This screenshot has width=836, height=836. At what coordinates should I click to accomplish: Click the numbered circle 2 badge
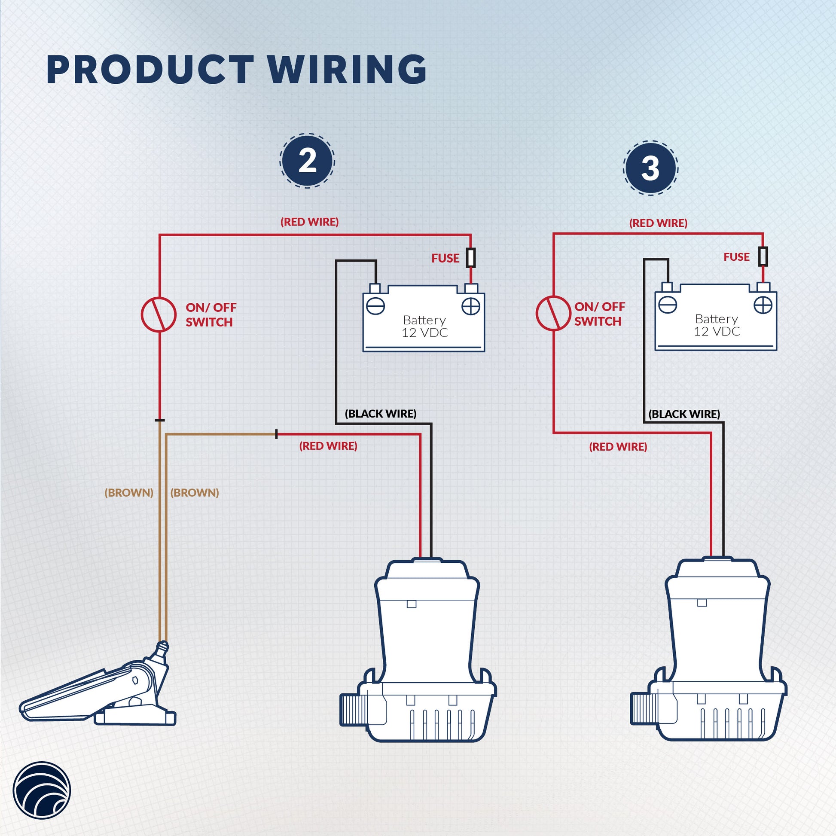coord(307,161)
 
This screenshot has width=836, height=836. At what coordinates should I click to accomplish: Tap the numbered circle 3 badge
coord(650,168)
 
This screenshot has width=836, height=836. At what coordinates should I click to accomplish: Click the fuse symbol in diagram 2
coord(471,257)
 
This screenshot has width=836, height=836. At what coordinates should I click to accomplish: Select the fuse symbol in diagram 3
coord(763,256)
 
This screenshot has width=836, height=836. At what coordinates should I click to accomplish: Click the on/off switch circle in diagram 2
coord(159,314)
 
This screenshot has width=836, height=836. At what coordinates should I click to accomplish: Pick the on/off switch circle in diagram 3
coord(553,313)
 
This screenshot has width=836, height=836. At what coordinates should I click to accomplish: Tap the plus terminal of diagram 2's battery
coord(470,307)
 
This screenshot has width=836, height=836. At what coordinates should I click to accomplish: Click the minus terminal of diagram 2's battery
coord(375,306)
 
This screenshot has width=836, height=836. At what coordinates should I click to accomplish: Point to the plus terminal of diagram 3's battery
coord(763,305)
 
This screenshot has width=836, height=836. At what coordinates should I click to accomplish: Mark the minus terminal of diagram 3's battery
coord(667,305)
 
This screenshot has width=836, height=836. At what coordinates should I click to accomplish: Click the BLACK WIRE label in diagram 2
coord(380,414)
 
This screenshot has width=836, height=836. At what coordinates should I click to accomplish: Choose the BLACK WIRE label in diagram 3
coord(684,414)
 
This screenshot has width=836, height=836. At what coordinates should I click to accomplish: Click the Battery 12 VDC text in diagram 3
coord(717,325)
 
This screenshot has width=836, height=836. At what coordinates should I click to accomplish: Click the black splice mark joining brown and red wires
coord(277,434)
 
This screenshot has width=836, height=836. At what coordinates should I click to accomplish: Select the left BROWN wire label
coord(129,492)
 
